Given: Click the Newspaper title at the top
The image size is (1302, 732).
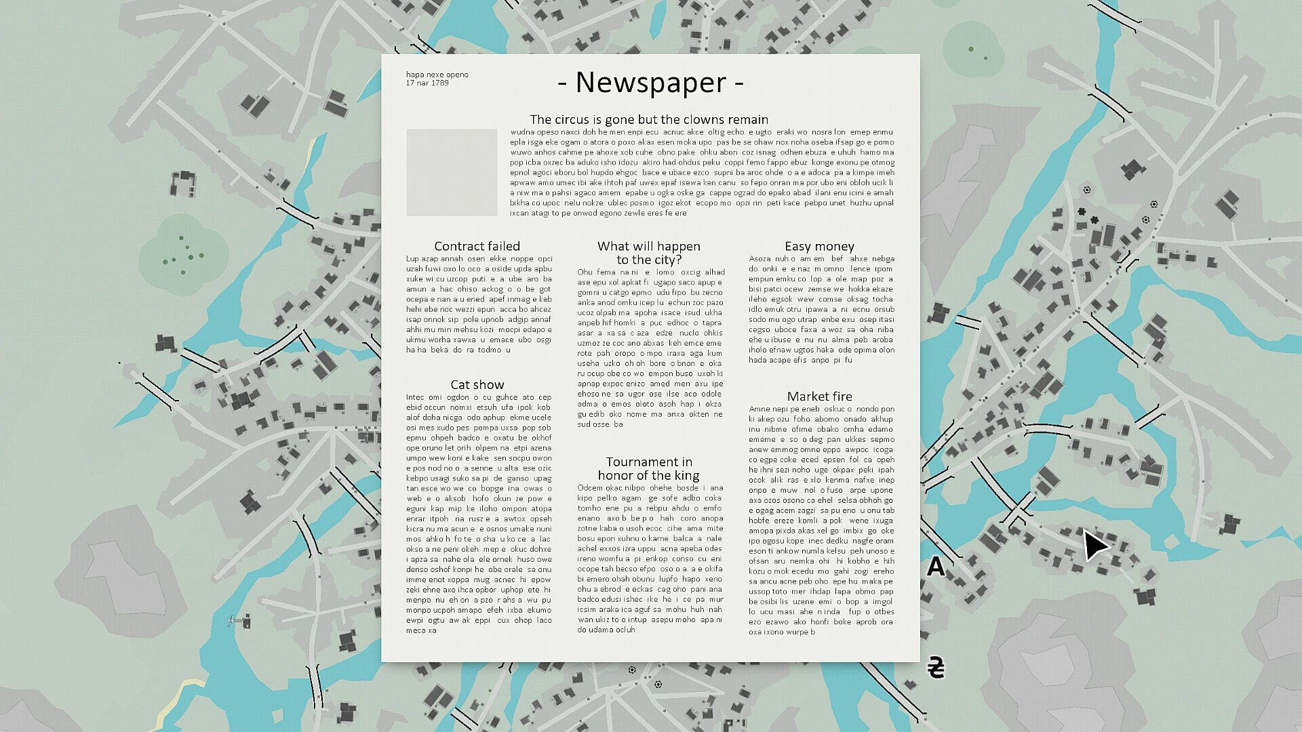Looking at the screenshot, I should [x=650, y=83].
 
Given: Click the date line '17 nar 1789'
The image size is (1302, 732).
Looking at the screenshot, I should [x=427, y=83].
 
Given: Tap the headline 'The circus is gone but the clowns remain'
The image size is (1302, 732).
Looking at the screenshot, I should [x=649, y=120].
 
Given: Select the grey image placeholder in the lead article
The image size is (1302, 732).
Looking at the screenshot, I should [x=452, y=172].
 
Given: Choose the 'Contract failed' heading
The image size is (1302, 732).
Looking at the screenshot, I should [x=477, y=246].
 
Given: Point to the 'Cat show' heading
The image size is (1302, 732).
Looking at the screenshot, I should [x=477, y=385].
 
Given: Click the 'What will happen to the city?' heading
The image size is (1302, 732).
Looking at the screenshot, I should [x=649, y=253].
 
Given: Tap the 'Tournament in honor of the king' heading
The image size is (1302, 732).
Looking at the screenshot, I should [x=649, y=468].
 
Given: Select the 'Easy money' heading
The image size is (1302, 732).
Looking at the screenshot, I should [x=819, y=246].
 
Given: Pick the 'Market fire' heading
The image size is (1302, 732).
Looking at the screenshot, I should [x=819, y=396].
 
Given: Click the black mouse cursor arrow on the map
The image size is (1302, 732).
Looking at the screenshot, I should [x=1093, y=544].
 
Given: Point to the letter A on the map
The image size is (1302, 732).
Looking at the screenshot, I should [x=936, y=566].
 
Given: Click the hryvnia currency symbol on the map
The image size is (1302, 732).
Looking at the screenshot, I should [x=936, y=668].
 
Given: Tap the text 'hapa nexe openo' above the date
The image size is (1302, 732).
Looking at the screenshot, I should [x=437, y=75].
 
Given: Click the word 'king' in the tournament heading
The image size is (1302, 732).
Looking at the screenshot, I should [x=686, y=476].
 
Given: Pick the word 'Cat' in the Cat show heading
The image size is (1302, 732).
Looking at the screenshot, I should [x=460, y=385].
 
